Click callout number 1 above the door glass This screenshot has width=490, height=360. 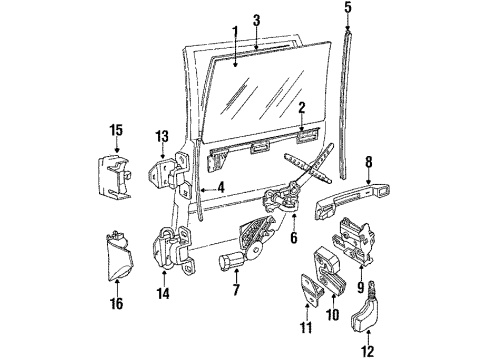tap(235, 32)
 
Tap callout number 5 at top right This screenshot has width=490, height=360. tap(348, 8)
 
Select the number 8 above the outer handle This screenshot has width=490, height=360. tap(368, 163)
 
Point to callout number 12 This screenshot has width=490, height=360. tap(368, 351)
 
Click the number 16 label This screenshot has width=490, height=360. tap(116, 304)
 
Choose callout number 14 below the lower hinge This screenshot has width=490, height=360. tap(163, 293)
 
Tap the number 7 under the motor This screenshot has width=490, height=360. tap(236, 289)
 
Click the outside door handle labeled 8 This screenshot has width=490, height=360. tap(352, 200)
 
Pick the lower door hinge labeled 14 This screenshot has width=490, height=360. tap(172, 249)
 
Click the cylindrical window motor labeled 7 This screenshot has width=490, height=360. tap(231, 260)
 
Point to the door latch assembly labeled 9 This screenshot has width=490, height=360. tap(353, 241)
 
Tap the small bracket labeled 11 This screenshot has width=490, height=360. tap(311, 289)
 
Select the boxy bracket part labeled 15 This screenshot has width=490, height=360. tap(114, 177)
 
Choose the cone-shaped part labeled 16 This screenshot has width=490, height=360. tap(119, 256)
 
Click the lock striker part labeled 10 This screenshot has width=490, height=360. tap(330, 269)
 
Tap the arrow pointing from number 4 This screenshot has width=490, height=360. tap(208, 190)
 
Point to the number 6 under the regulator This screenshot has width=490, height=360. tap(293, 237)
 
